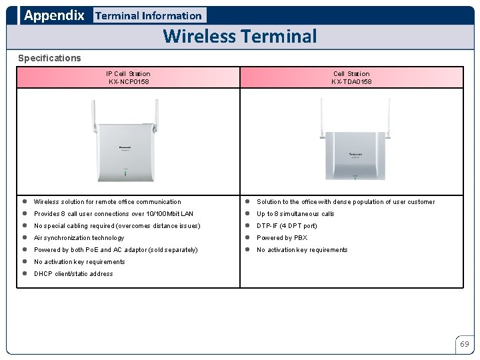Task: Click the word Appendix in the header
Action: click(x=54, y=15)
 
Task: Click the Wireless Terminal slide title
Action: click(x=240, y=36)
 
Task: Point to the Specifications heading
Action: click(x=49, y=58)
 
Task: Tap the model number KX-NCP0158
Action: click(x=129, y=82)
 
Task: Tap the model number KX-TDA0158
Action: click(x=351, y=82)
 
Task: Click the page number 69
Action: click(x=464, y=344)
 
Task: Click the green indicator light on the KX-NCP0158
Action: click(x=124, y=175)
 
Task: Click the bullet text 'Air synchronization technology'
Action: click(x=79, y=238)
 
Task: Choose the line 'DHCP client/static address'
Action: click(x=73, y=274)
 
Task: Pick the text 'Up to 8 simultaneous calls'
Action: click(x=295, y=214)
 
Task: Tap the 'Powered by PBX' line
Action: click(x=282, y=238)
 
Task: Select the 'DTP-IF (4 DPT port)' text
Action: click(x=287, y=226)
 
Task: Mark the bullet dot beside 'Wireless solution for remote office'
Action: click(x=23, y=201)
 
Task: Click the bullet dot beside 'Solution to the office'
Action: click(x=247, y=201)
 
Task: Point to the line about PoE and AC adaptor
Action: click(x=115, y=250)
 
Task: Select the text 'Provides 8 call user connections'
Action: click(x=113, y=214)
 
